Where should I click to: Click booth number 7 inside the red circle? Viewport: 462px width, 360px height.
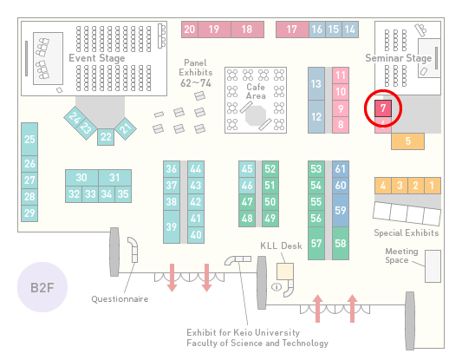tap(383, 108)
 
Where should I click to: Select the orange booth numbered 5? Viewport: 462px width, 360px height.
tap(407, 141)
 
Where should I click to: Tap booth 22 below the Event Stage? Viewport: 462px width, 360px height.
tap(106, 137)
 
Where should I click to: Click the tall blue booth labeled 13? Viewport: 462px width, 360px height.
tap(316, 84)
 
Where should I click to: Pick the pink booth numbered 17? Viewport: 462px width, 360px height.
tap(292, 29)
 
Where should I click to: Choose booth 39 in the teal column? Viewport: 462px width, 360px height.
tap(172, 226)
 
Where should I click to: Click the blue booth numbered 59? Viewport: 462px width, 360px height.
tap(341, 210)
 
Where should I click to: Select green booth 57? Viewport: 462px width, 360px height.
tap(316, 243)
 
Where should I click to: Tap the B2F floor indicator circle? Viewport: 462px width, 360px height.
tap(42, 287)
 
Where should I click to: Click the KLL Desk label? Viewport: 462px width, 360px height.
tap(281, 245)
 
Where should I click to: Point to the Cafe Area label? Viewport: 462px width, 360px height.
tap(256, 91)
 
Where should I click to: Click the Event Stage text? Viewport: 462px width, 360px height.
tap(97, 58)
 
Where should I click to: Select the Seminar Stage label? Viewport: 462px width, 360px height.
tap(399, 58)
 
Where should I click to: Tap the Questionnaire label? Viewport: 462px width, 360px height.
tap(120, 299)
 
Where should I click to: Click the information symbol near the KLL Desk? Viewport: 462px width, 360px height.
tap(277, 286)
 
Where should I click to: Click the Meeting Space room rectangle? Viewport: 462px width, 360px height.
tap(433, 266)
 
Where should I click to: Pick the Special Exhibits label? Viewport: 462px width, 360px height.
tap(407, 233)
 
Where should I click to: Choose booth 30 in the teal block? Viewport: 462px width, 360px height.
tap(81, 178)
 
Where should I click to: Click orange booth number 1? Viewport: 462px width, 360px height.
tap(433, 186)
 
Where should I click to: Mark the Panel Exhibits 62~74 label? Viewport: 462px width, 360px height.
tap(196, 73)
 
